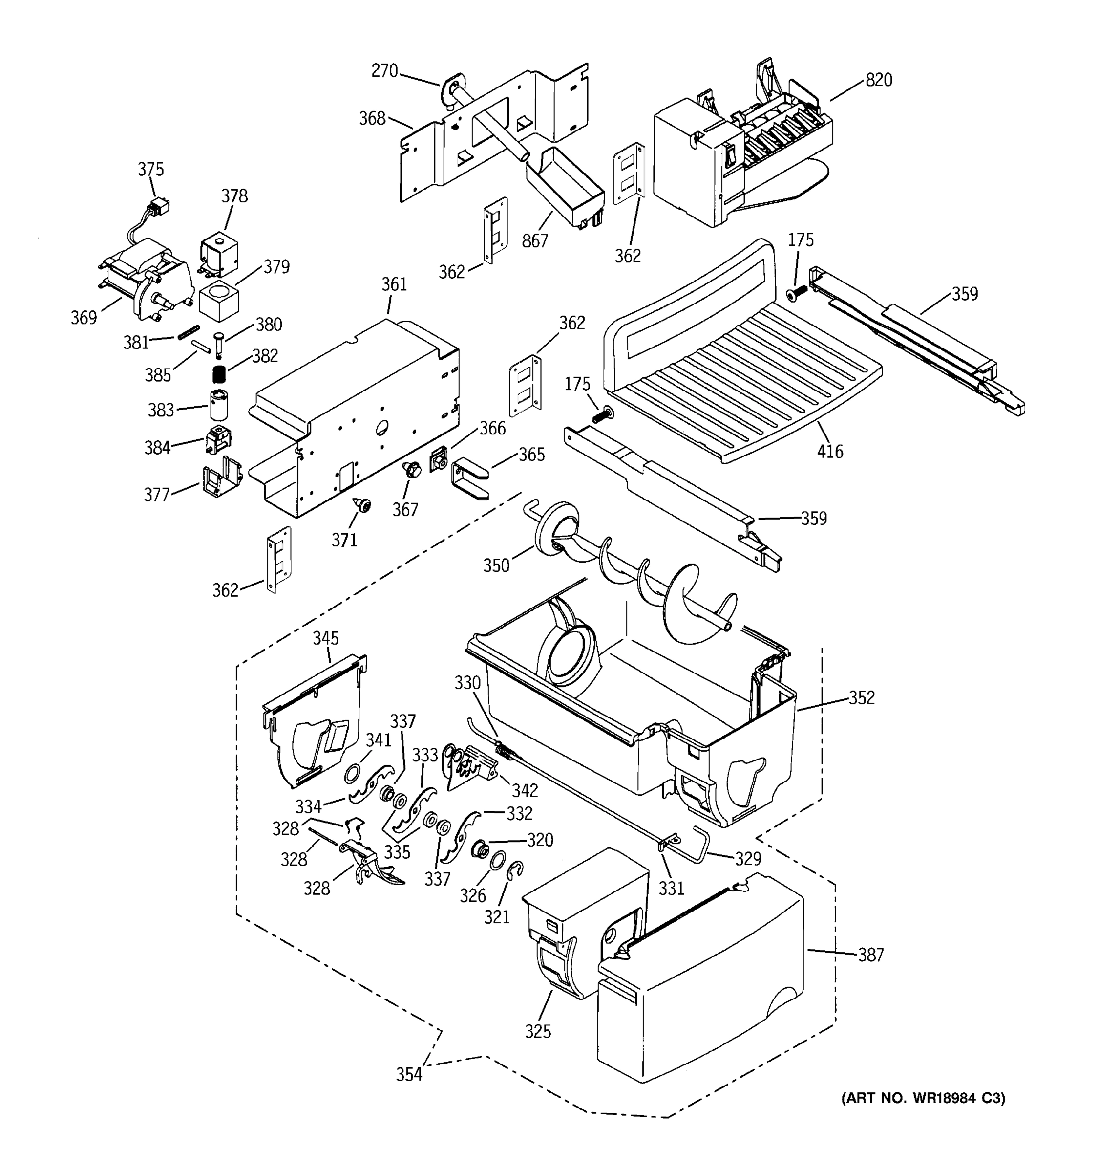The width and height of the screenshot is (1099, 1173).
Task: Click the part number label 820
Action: pos(879,80)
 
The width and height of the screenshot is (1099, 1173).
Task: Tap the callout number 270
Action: pos(384,71)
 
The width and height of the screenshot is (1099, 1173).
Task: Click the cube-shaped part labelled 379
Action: pos(219,301)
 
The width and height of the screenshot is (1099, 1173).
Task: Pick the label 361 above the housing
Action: pos(394,284)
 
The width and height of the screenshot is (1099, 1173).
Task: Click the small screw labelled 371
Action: pos(361,504)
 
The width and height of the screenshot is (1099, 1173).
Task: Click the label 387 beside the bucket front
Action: pos(870,955)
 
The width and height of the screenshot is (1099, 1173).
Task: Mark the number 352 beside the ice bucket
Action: pos(862,697)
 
